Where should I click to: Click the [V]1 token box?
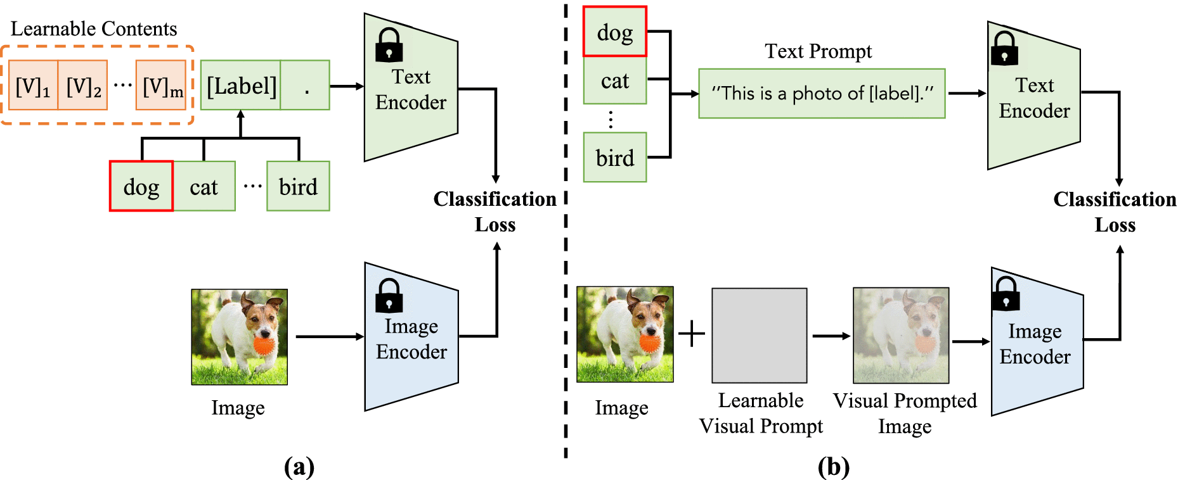coord(33,85)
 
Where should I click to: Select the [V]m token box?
coord(162,85)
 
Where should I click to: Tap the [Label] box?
coord(241,85)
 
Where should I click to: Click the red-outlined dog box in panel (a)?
coord(141,186)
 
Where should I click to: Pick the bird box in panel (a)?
coord(298,186)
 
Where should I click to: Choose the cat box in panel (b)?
coord(614,80)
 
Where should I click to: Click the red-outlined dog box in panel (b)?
coord(614,32)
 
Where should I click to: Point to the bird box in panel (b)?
coord(614,158)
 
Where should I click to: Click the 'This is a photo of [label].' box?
coord(822,94)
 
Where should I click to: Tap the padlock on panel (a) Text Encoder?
coord(389,46)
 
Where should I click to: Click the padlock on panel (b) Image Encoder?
coord(1006,293)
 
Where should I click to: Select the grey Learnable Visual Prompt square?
coord(759,336)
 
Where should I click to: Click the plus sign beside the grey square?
coord(692,334)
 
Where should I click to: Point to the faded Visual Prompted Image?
coord(901,336)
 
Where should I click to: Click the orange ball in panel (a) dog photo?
coord(264,346)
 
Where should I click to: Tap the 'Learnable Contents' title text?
coord(94,28)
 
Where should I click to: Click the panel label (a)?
coord(299,467)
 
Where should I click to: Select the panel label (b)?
coord(833,467)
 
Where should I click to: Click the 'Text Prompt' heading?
coord(818,51)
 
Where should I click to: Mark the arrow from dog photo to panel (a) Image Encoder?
coord(329,337)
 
